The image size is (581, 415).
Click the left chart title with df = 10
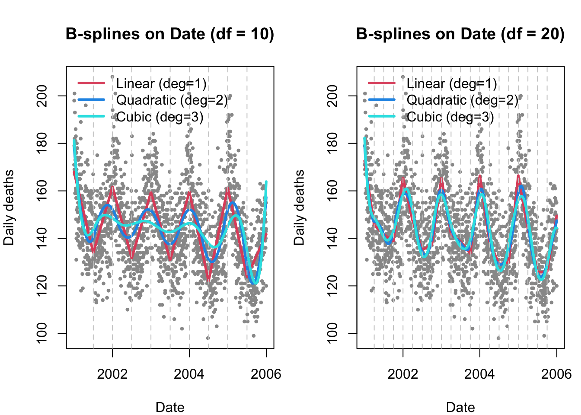(170, 34)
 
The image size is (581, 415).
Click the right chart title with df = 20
(460, 34)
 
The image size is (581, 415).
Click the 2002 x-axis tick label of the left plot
(112, 374)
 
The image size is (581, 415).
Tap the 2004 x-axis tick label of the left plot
(189, 374)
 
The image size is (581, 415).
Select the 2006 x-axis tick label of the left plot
(266, 374)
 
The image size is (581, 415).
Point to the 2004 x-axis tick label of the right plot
(479, 374)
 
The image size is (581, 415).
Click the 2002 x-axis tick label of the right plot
(403, 374)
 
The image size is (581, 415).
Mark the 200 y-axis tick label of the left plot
(42, 96)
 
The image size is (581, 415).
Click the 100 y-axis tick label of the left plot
(42, 333)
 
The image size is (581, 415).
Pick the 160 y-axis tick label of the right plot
(333, 191)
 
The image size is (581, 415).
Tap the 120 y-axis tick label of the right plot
(333, 286)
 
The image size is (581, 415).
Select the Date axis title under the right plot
(460, 407)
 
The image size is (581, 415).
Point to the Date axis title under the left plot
(170, 407)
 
